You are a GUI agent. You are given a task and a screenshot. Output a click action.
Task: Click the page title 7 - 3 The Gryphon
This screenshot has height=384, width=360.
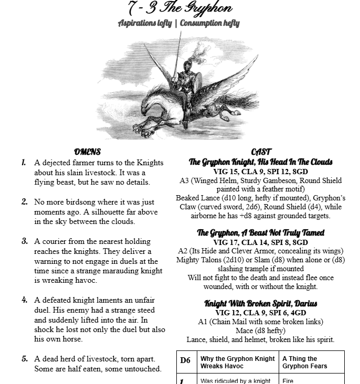tap(179, 8)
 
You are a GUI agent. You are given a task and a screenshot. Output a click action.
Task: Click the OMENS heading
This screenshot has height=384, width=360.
tap(87, 152)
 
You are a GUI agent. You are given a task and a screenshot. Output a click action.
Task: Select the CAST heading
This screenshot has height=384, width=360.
tap(261, 152)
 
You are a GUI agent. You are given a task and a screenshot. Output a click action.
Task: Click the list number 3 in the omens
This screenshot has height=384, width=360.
tap(24, 241)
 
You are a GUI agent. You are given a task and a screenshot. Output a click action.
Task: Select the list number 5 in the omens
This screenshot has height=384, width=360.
tap(24, 359)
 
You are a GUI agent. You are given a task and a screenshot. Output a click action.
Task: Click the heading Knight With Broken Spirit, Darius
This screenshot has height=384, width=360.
tap(261, 303)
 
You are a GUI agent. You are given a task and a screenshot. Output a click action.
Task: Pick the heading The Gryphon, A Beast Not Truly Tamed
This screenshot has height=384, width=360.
tap(261, 232)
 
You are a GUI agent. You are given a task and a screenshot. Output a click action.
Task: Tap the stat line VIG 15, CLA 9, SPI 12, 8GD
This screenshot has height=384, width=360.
tap(261, 171)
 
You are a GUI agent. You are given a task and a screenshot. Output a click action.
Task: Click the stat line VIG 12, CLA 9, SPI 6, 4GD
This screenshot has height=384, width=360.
tap(261, 312)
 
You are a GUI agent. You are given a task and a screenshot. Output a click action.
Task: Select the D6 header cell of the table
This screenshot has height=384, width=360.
tap(185, 360)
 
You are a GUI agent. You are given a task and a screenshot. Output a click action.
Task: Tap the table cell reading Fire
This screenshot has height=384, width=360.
tap(288, 380)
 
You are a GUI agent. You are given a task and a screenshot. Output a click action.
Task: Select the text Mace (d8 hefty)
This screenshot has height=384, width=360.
tap(261, 330)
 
